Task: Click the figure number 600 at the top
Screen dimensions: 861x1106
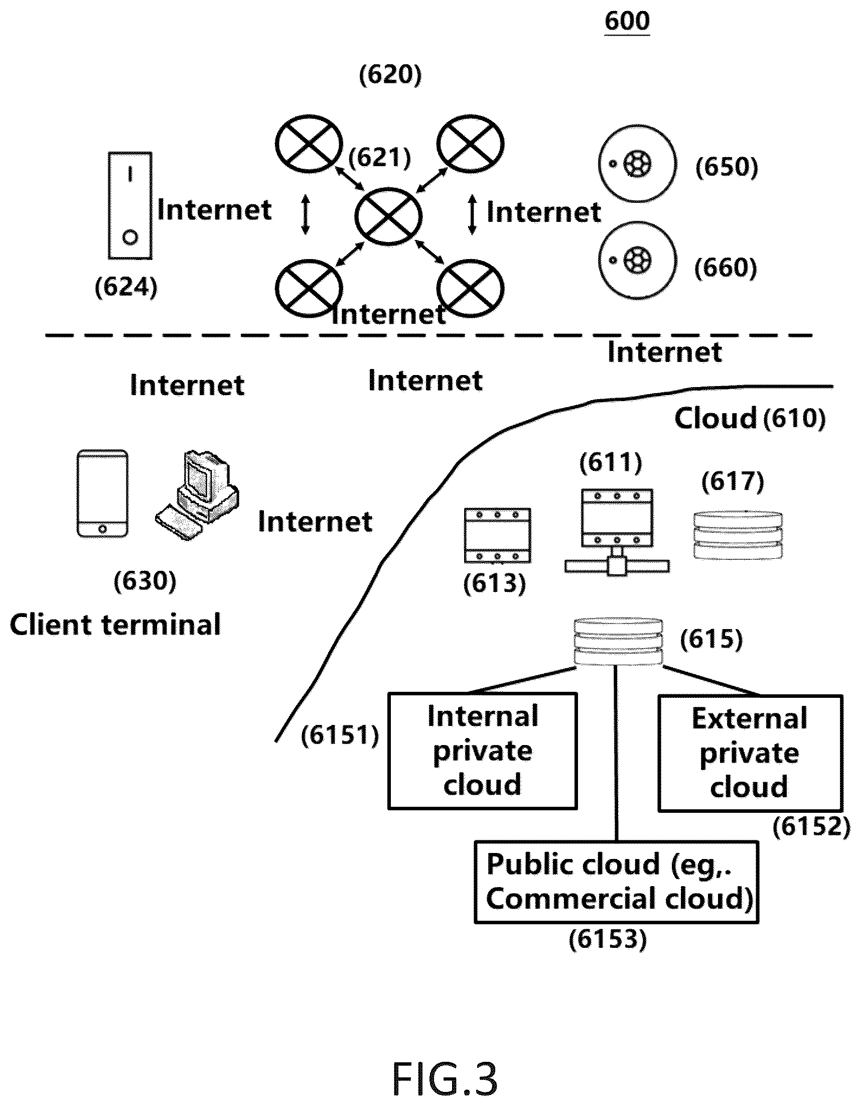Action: [x=627, y=22]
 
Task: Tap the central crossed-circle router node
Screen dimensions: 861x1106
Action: [x=388, y=216]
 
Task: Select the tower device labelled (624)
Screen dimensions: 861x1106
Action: [x=130, y=206]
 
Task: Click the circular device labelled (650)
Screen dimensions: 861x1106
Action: [x=637, y=164]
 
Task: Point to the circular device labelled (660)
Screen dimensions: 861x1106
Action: [x=637, y=260]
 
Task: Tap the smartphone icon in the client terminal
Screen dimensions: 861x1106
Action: [x=102, y=493]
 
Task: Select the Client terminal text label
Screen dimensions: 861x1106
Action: [x=115, y=625]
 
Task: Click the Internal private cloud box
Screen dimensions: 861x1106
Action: [x=482, y=751]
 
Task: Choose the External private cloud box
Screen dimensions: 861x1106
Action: [x=750, y=753]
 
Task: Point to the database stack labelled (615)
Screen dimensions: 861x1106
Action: [x=618, y=642]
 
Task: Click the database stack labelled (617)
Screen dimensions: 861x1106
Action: [x=738, y=535]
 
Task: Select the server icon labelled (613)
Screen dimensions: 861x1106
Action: [x=498, y=535]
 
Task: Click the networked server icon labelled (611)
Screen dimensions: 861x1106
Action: [x=617, y=532]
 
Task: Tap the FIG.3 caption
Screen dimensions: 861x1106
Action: [x=445, y=1080]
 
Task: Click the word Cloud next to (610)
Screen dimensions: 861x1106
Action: [x=715, y=418]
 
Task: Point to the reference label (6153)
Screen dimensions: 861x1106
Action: [x=608, y=939]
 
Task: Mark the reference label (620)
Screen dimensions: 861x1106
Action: [x=390, y=75]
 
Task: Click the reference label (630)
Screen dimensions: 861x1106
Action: [x=146, y=581]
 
